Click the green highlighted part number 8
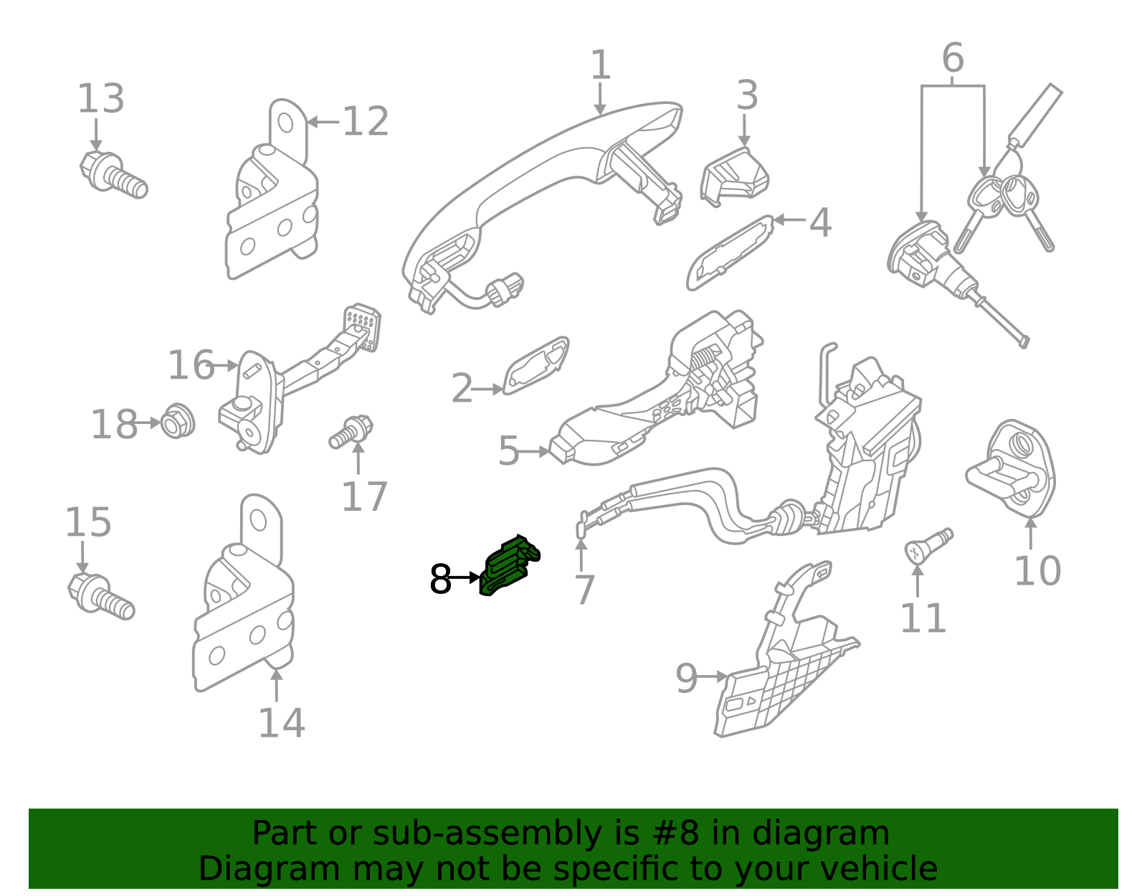click(509, 567)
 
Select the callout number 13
click(101, 99)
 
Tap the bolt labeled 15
click(101, 596)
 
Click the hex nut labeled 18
click(177, 422)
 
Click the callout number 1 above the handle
click(600, 65)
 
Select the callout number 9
click(686, 678)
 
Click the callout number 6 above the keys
click(952, 58)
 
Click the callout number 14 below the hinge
click(281, 722)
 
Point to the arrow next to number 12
click(323, 123)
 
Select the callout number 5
click(508, 451)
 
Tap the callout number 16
click(191, 366)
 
